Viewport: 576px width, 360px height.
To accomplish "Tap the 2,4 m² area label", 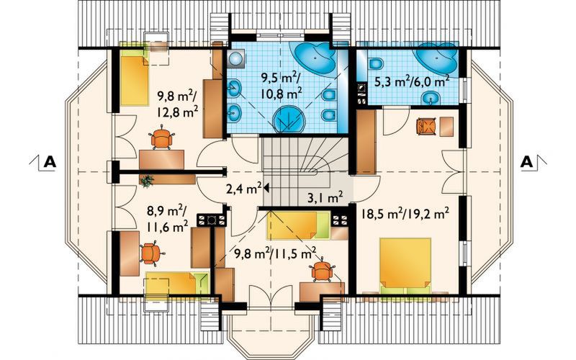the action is point(244,189).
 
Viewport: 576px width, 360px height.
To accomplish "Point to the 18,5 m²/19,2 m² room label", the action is point(405,213).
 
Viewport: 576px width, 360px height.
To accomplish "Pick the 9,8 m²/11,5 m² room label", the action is point(276,253).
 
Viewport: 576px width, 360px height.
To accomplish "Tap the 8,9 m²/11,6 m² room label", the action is point(167,220).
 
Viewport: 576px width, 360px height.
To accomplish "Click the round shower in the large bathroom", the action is point(290,119).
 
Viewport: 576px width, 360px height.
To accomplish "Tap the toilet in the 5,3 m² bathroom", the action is point(374,64).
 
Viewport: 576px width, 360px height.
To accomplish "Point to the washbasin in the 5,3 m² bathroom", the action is point(430,98).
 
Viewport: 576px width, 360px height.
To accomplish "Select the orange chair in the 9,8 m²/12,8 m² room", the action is point(161,137).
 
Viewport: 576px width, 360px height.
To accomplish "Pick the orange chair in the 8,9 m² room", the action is point(151,253).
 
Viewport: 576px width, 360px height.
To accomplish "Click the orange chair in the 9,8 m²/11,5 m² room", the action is point(322,271).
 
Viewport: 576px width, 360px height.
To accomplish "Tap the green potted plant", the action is point(148,181).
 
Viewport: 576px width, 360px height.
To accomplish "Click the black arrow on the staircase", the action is point(266,188).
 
